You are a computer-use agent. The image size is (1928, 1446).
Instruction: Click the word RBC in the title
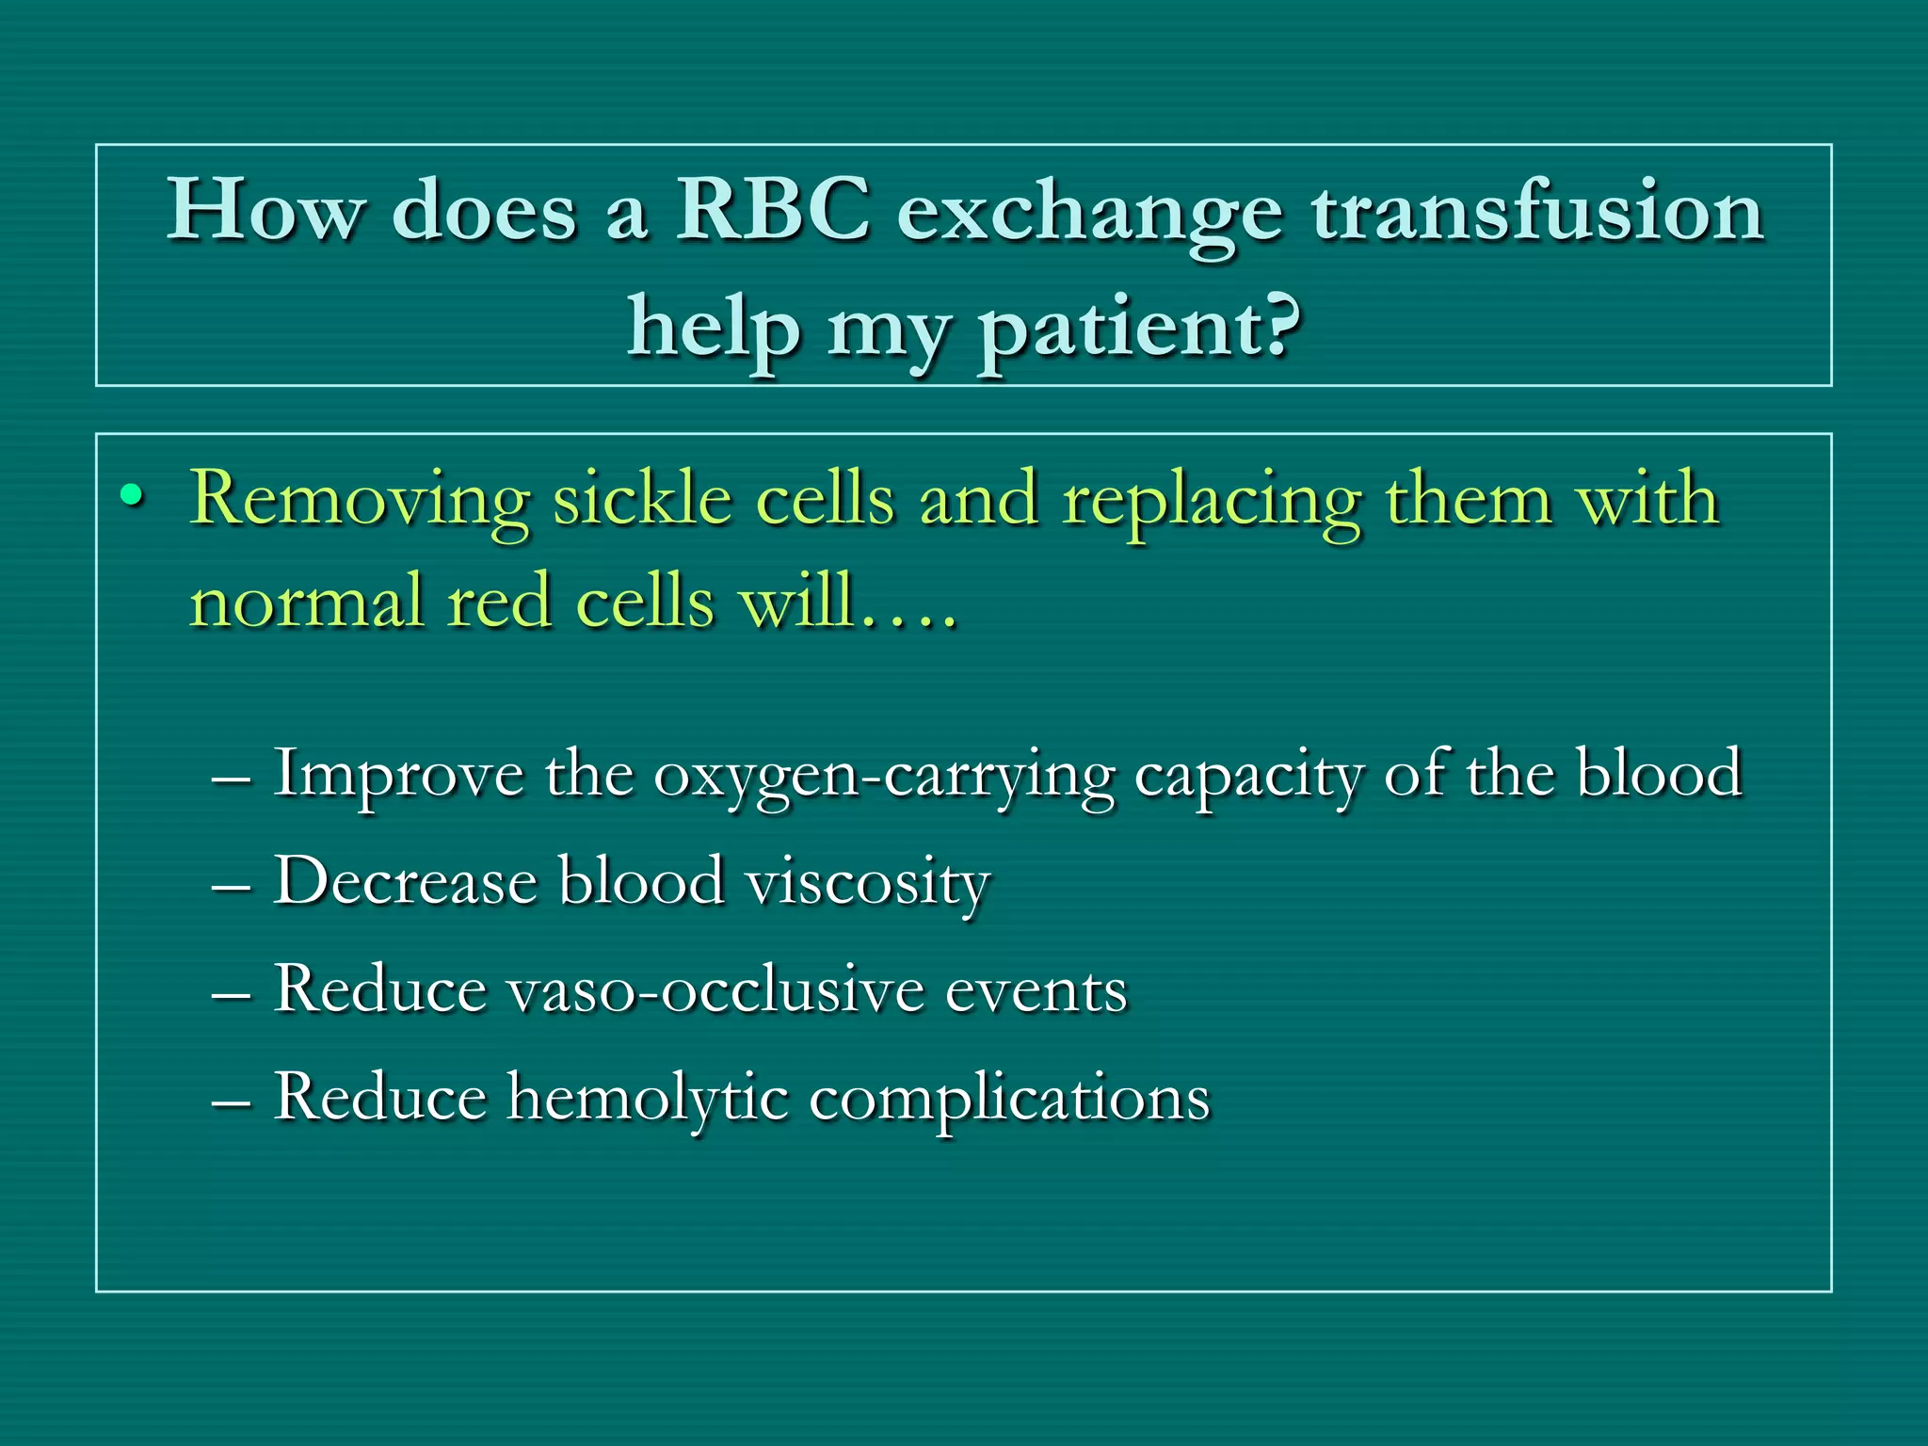point(772,211)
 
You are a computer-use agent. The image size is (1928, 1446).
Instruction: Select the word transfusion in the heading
point(1537,211)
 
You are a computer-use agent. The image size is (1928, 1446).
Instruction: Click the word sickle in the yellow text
point(642,499)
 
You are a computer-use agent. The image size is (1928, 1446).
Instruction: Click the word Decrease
point(405,882)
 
